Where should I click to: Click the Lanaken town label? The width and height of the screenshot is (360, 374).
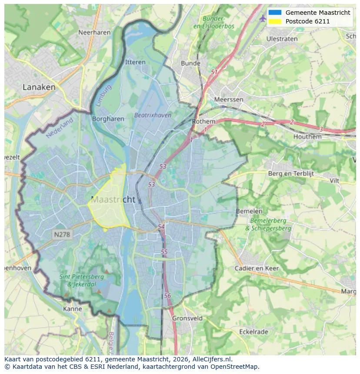pyautogui.click(x=39, y=87)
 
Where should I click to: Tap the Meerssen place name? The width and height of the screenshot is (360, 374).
pyautogui.click(x=229, y=99)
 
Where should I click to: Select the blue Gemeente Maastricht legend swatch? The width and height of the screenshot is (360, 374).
pyautogui.click(x=275, y=13)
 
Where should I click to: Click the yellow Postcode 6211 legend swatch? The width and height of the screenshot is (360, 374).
pyautogui.click(x=275, y=21)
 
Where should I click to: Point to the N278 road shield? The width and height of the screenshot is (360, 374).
pyautogui.click(x=62, y=235)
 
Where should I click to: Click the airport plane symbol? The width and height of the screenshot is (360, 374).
pyautogui.click(x=262, y=18)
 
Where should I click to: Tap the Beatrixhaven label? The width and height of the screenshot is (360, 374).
pyautogui.click(x=153, y=115)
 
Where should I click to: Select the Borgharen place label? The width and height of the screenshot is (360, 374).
pyautogui.click(x=108, y=119)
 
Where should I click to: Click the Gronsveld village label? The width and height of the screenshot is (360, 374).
pyautogui.click(x=187, y=318)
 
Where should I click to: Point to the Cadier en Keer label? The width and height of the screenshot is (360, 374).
pyautogui.click(x=257, y=268)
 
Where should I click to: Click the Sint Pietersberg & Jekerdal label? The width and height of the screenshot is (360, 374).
pyautogui.click(x=82, y=280)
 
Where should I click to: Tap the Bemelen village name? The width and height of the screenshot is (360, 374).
pyautogui.click(x=249, y=211)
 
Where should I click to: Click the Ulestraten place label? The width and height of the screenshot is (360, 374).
pyautogui.click(x=282, y=39)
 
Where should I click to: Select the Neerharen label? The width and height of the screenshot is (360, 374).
pyautogui.click(x=92, y=32)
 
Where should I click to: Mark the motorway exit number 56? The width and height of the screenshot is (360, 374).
pyautogui.click(x=167, y=295)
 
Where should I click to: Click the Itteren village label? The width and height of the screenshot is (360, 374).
pyautogui.click(x=135, y=62)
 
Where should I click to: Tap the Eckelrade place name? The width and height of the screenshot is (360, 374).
pyautogui.click(x=254, y=331)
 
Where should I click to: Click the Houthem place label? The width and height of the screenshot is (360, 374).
pyautogui.click(x=307, y=136)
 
